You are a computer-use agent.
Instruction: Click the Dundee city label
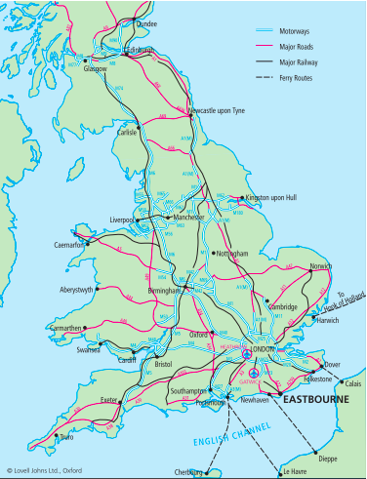click(x=145, y=23)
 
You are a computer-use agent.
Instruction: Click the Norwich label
click(x=320, y=266)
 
